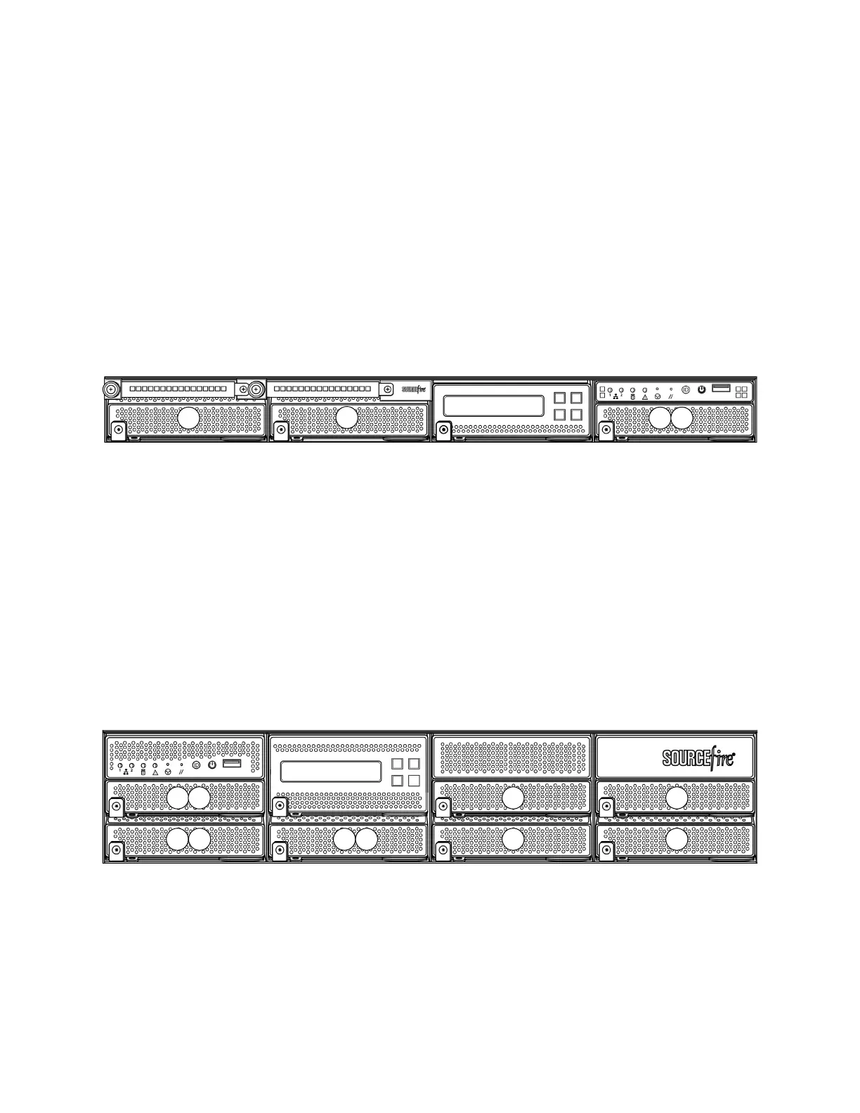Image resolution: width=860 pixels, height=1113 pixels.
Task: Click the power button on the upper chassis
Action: tap(701, 389)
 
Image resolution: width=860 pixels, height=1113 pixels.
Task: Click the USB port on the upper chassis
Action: tap(722, 388)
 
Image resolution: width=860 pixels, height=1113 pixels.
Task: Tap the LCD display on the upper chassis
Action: tap(495, 405)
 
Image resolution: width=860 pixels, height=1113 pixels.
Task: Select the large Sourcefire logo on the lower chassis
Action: tap(699, 758)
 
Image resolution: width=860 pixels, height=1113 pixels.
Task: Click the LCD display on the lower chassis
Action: tap(331, 771)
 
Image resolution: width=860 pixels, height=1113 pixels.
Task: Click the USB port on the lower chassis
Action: tap(232, 763)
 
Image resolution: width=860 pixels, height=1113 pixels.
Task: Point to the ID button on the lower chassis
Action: tap(196, 764)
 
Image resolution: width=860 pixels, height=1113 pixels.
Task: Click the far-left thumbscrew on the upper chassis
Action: tap(111, 389)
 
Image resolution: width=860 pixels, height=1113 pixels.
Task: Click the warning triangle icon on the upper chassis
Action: tap(645, 397)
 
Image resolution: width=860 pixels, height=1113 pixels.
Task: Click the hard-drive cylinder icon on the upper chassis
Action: tap(631, 397)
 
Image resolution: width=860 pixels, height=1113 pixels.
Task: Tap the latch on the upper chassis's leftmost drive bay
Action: tap(118, 429)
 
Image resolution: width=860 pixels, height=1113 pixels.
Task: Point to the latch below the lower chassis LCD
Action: tap(280, 805)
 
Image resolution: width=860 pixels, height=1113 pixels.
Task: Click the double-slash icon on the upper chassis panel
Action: tap(671, 397)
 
